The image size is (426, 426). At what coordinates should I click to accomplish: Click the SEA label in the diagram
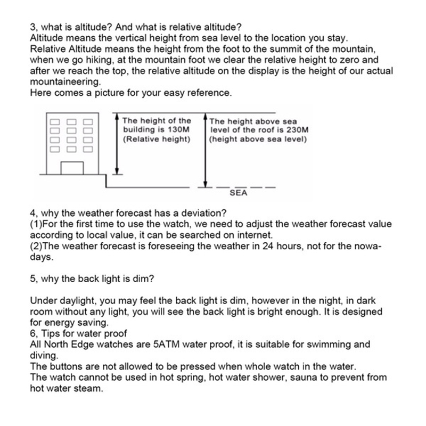(239, 193)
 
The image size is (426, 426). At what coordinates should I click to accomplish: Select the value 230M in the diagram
(297, 129)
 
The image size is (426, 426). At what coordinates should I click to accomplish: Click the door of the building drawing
(72, 168)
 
